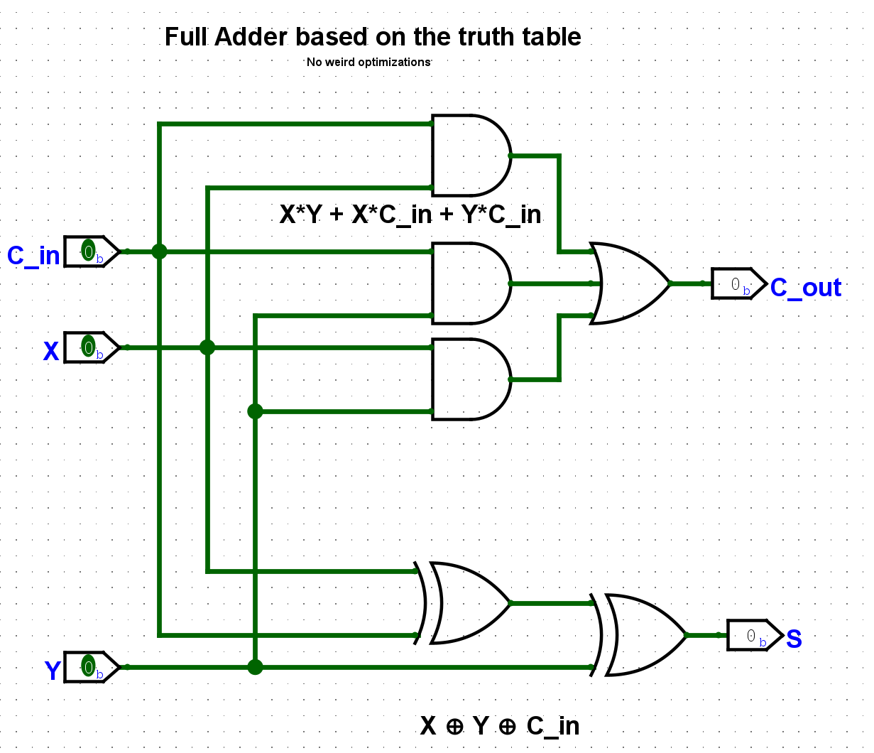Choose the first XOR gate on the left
pos(469,603)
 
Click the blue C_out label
pos(806,288)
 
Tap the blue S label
pos(794,639)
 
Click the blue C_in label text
pos(33,256)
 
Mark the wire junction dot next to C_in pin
pos(159,251)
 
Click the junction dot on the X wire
pos(207,347)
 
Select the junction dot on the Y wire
pos(255,667)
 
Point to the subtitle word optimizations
pos(394,63)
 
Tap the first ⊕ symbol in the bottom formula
pos(454,727)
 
